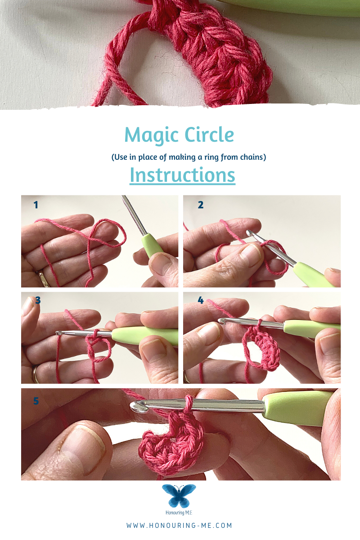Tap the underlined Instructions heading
[182, 175]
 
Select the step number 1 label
[36, 205]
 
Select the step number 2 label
[201, 205]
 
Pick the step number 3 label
[38, 300]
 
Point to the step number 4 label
[201, 300]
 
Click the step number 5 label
[36, 400]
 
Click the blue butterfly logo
[179, 495]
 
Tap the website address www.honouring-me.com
[179, 525]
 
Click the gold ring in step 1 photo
[44, 279]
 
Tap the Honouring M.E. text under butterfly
[179, 512]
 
